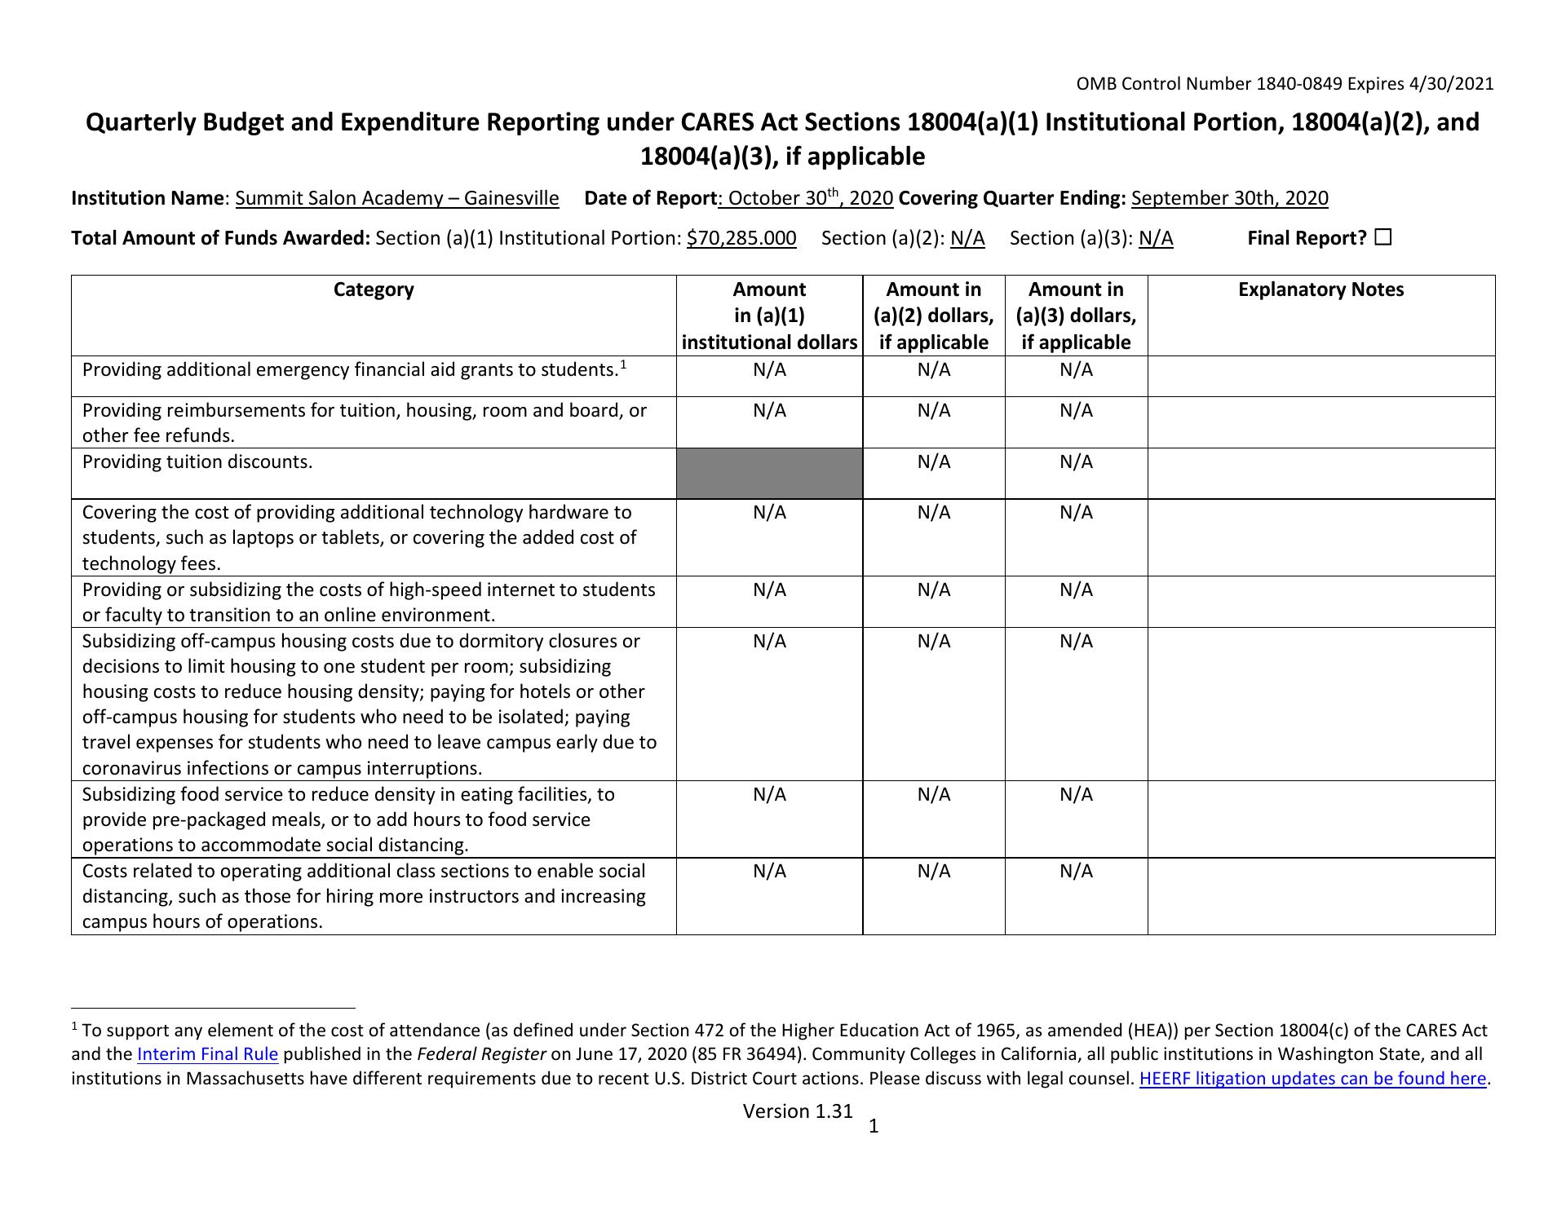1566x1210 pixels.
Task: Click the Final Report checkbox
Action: (x=1382, y=238)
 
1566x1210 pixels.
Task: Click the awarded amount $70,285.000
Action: (x=741, y=238)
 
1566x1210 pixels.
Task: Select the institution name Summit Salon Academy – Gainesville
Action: (x=397, y=198)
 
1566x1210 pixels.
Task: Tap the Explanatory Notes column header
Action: (x=1320, y=289)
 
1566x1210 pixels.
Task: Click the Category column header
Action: (x=374, y=289)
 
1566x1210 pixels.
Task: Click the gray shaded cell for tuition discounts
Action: (x=769, y=473)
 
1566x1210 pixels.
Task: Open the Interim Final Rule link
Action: (x=208, y=1054)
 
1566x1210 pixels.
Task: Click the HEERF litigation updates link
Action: (x=1312, y=1079)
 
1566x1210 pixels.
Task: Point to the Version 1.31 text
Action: (x=798, y=1111)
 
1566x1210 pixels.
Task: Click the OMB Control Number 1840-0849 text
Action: (x=1285, y=83)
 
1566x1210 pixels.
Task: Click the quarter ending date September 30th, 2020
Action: (x=1229, y=198)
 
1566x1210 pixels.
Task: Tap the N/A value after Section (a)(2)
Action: (x=967, y=238)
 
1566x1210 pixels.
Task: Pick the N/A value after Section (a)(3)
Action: (x=1156, y=238)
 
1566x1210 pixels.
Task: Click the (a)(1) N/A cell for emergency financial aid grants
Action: (x=769, y=370)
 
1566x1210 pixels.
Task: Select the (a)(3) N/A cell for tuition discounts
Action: (x=1076, y=462)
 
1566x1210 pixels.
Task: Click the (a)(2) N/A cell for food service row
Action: (x=934, y=795)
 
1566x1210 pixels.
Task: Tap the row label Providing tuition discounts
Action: (x=197, y=462)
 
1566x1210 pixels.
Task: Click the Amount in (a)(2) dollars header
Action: (x=934, y=316)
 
